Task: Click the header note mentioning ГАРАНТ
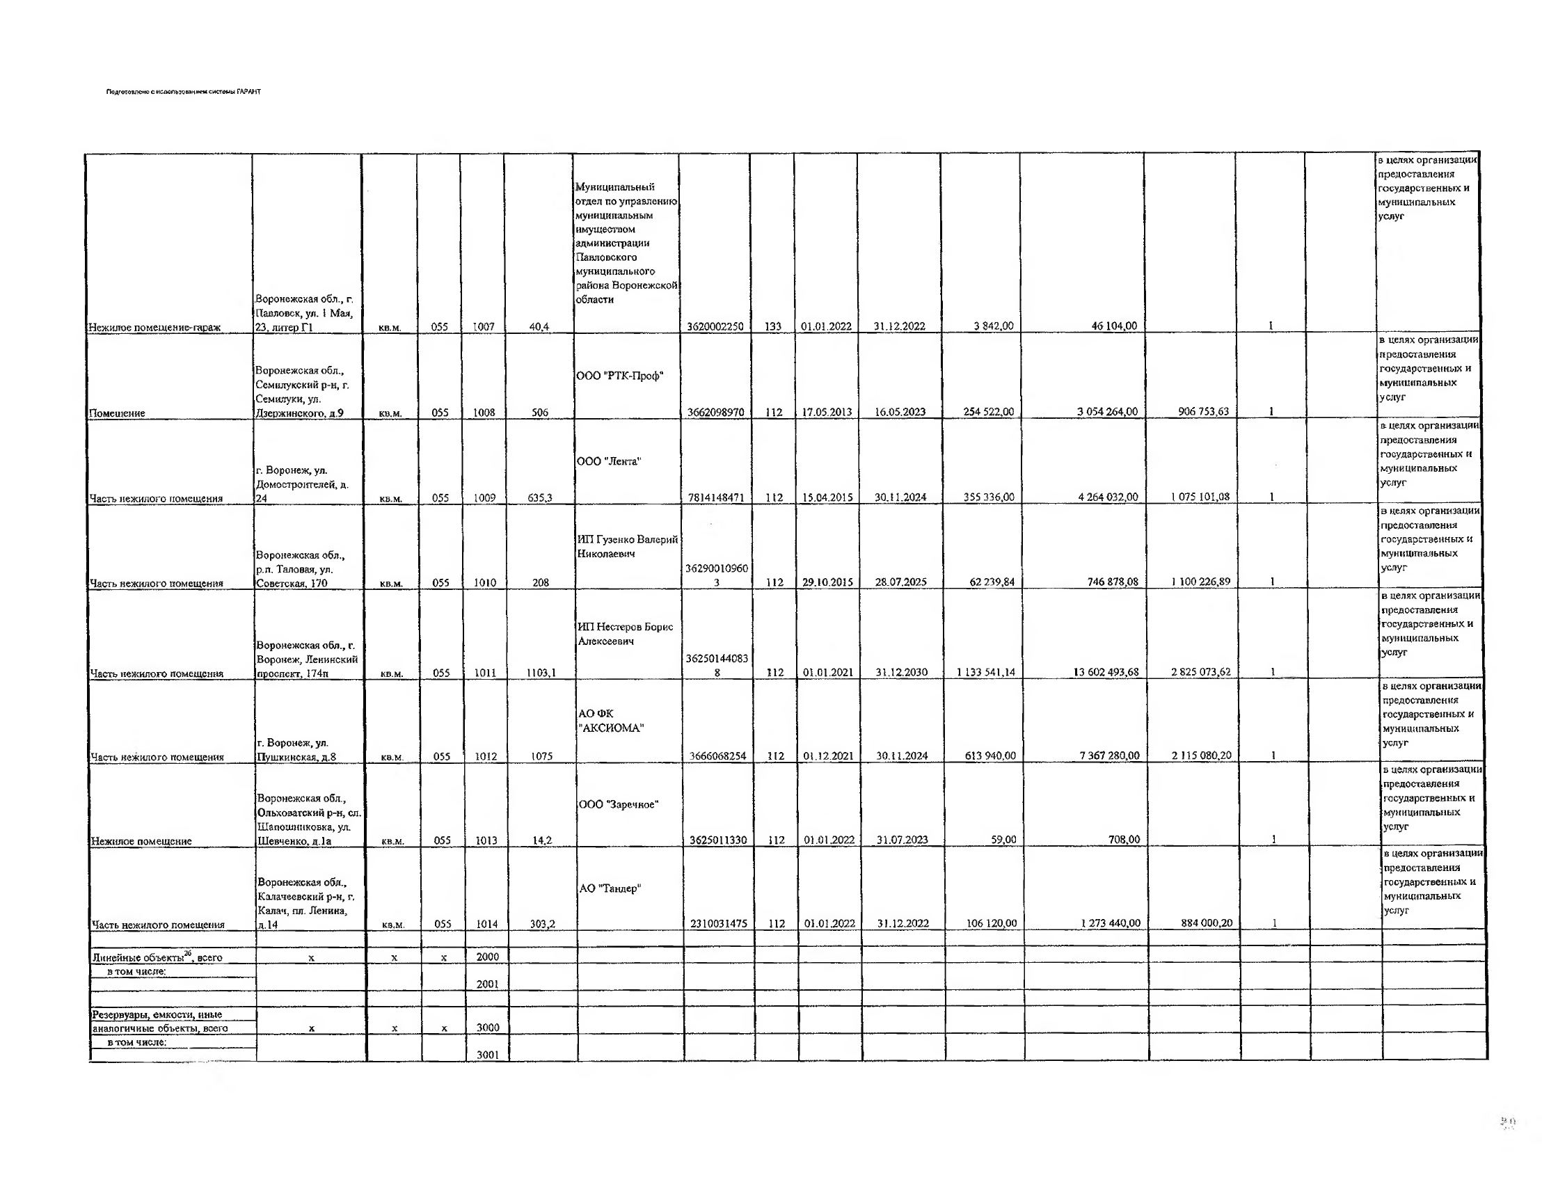coord(184,92)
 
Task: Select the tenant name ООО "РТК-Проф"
coord(620,376)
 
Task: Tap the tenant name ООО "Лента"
coord(609,462)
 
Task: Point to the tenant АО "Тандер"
coord(610,889)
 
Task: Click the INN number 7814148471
coord(716,497)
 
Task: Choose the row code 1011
coord(485,673)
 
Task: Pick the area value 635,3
coord(540,497)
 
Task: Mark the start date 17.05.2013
coord(827,413)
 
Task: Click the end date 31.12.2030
coord(902,672)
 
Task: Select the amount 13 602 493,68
coord(1106,672)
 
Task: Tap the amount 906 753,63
coord(1203,412)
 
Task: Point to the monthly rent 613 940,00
coord(990,756)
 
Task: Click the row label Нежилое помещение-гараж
coord(154,328)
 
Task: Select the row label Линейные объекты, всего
coord(157,958)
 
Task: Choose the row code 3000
coord(487,1028)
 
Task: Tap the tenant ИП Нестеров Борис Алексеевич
coord(625,634)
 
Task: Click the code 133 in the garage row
coord(773,327)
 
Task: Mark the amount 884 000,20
coord(1207,923)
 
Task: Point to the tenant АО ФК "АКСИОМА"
coord(611,721)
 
